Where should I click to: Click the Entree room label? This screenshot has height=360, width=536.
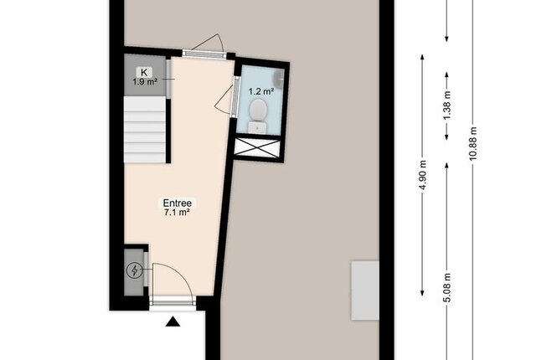tap(177, 203)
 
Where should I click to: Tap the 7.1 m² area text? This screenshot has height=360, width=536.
tap(177, 213)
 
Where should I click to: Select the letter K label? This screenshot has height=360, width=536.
tap(144, 72)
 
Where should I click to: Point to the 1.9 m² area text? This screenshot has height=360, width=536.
tap(145, 82)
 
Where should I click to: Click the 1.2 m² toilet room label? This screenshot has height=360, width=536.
tap(261, 91)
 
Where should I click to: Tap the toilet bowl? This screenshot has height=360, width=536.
tap(258, 110)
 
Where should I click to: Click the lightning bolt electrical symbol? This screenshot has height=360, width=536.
tap(134, 271)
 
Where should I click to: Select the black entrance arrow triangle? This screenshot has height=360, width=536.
tap(173, 321)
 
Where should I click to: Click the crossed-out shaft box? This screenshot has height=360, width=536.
tap(257, 148)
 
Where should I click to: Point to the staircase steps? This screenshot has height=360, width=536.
tap(145, 130)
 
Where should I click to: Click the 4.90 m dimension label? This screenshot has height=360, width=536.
tap(423, 175)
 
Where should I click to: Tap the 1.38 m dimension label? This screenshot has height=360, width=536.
tap(447, 105)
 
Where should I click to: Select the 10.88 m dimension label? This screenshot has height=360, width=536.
tap(472, 143)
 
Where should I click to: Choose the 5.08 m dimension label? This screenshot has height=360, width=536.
tap(447, 287)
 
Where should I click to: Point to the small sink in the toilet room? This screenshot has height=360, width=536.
tap(280, 79)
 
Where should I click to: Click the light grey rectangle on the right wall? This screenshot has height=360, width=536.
tap(365, 291)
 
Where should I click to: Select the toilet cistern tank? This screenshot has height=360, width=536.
tap(257, 126)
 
